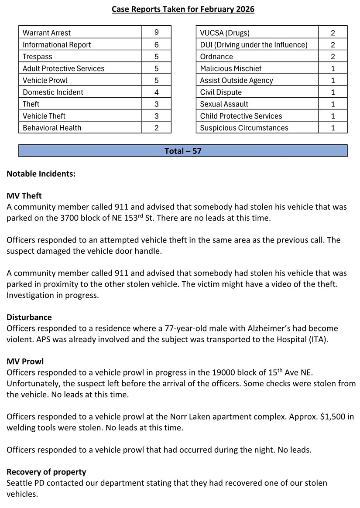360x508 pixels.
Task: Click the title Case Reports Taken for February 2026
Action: pos(183,9)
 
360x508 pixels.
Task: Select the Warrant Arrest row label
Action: pos(47,33)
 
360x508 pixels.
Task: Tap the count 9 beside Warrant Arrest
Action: pos(156,33)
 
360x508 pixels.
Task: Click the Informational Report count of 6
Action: pos(156,44)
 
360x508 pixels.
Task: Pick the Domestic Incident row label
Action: pos(53,92)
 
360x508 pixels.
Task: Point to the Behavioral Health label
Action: pos(52,128)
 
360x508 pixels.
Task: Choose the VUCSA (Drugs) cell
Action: pos(225,33)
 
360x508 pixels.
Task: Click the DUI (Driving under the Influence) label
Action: pos(254,44)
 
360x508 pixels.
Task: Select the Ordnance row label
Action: pos(216,57)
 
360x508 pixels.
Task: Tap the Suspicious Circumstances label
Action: pos(244,128)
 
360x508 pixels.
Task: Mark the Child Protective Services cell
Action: pos(241,116)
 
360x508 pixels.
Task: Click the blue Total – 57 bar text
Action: pos(183,151)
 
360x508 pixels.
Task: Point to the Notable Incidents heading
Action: pos(41,174)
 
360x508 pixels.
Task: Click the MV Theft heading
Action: pos(24,196)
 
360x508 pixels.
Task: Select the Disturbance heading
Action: pos(29,317)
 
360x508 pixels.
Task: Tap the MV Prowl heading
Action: pos(25,361)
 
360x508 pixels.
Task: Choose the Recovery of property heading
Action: pos(46,472)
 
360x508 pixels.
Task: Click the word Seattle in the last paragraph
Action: pos(19,483)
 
